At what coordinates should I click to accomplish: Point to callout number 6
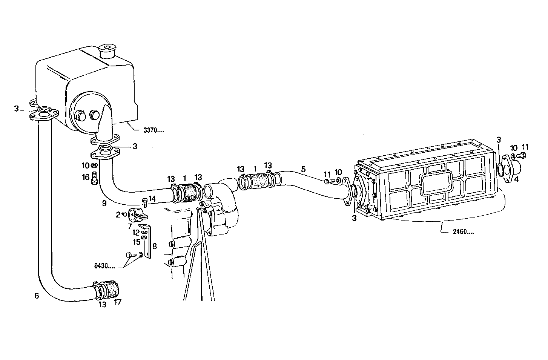tap(36, 296)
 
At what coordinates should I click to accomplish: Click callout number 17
tap(118, 302)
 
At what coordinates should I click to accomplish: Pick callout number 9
tap(104, 203)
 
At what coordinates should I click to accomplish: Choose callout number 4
tap(516, 179)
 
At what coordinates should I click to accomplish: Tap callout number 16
tap(86, 177)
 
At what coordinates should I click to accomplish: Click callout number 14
tap(152, 198)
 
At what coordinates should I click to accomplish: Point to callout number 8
tap(154, 247)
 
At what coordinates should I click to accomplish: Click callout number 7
tap(129, 226)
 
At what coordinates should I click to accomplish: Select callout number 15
tap(136, 241)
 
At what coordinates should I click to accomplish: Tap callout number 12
tap(136, 233)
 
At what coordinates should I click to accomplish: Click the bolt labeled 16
tap(94, 177)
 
